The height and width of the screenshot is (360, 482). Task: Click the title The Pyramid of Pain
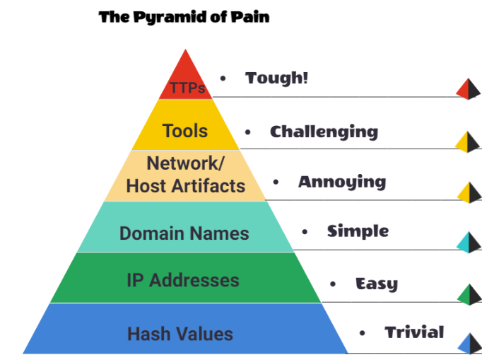click(x=184, y=16)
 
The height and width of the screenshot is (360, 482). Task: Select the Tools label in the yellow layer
click(x=185, y=131)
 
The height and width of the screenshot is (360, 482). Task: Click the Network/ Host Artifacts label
click(x=185, y=175)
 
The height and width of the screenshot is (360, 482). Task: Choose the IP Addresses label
click(x=183, y=279)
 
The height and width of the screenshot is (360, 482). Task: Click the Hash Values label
click(x=180, y=333)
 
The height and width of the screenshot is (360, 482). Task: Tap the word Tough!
click(x=277, y=79)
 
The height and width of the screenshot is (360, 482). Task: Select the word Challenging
click(x=324, y=132)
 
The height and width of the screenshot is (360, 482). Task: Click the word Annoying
click(x=342, y=182)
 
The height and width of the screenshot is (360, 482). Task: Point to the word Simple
click(x=358, y=231)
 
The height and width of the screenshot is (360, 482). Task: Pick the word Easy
click(x=376, y=284)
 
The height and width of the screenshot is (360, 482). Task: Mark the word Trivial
click(x=414, y=332)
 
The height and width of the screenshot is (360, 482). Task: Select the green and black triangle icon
click(x=469, y=294)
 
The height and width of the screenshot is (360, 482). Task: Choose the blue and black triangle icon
click(x=469, y=344)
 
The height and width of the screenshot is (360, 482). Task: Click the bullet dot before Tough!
click(x=223, y=79)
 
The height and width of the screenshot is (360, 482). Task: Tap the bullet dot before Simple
click(x=305, y=231)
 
